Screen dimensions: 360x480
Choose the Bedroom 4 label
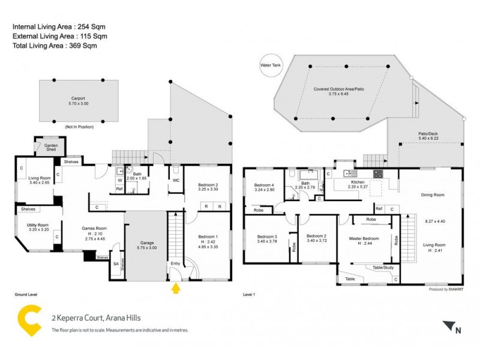coord(264,185)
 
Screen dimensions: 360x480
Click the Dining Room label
coord(432,195)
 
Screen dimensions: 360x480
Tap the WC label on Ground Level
coord(176,180)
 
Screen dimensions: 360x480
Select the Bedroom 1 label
coord(208,236)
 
